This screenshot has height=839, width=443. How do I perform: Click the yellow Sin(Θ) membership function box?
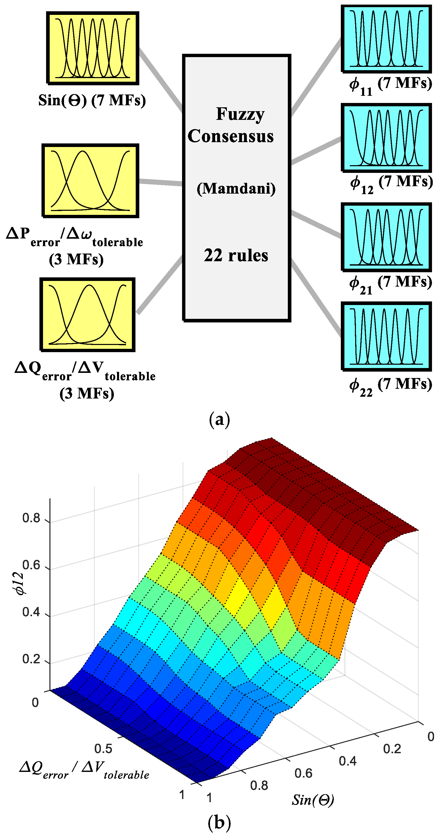pyautogui.click(x=92, y=48)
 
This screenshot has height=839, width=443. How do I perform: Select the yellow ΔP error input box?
pyautogui.click(x=91, y=181)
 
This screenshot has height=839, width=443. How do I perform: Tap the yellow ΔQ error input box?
pyautogui.click(x=87, y=314)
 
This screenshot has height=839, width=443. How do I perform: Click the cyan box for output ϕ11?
pyautogui.click(x=386, y=38)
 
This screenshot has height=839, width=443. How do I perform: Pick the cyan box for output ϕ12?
pyautogui.click(x=386, y=138)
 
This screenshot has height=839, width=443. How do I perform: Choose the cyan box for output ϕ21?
pyautogui.click(x=386, y=237)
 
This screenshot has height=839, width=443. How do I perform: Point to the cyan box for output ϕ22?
pyautogui.click(x=386, y=336)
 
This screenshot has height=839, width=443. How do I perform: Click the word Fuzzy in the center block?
pyautogui.click(x=240, y=114)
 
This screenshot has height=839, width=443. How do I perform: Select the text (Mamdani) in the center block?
pyautogui.click(x=236, y=188)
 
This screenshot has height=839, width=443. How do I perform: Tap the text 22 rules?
pyautogui.click(x=236, y=255)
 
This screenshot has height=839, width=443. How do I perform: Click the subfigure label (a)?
pyautogui.click(x=219, y=419)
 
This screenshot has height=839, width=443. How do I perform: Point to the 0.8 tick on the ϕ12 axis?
pyautogui.click(x=31, y=518)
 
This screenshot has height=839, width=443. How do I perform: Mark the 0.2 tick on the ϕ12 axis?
pyautogui.click(x=31, y=659)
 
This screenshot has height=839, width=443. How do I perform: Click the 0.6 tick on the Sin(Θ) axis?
pyautogui.click(x=303, y=773)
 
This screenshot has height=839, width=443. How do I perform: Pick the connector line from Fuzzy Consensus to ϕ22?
pyautogui.click(x=316, y=298)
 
